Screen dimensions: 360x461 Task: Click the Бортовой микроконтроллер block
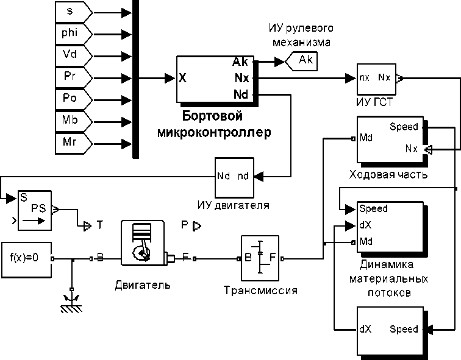point(216,79)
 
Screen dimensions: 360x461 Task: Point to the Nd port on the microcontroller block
point(240,94)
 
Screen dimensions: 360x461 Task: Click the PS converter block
point(35,210)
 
